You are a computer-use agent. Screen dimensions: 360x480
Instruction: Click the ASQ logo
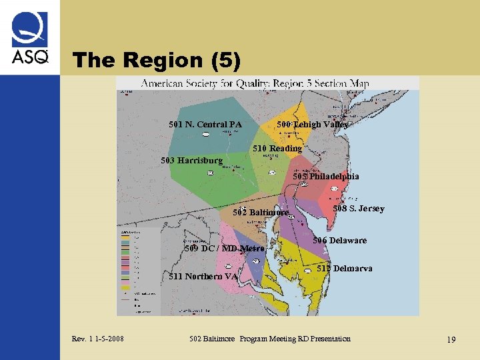30,39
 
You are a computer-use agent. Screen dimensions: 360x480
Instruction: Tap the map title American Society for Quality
255,84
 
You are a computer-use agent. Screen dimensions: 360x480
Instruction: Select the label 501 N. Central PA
205,124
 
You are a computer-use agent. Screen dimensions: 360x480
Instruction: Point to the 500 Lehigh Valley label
312,124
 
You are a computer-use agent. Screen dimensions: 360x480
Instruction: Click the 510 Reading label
277,148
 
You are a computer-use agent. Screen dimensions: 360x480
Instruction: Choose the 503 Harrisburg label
192,161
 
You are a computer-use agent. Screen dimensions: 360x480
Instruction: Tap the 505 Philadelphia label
326,177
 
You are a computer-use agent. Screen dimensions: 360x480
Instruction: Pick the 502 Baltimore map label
261,213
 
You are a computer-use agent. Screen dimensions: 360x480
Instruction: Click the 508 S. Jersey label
359,209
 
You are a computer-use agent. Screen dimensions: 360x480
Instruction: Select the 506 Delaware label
340,241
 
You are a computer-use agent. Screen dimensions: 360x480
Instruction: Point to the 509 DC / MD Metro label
225,249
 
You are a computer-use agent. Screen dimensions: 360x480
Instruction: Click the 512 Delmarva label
345,269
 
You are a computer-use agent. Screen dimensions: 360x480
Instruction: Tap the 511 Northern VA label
204,277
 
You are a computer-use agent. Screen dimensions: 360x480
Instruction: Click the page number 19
451,340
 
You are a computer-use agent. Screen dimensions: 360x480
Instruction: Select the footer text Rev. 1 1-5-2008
97,339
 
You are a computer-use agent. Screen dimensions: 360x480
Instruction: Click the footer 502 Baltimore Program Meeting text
269,339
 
